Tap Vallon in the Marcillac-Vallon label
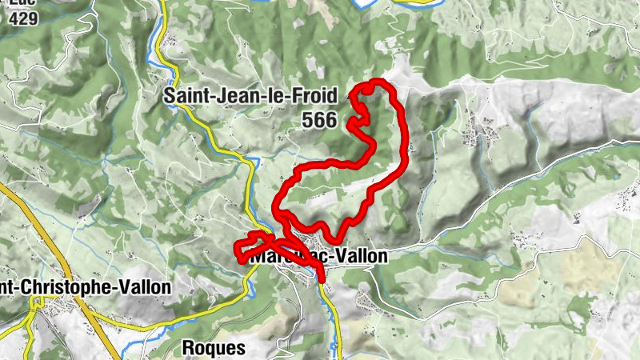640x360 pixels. [x=361, y=257]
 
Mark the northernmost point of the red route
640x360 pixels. [x=373, y=82]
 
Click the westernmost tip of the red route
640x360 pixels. [x=237, y=250]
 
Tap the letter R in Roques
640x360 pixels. [x=189, y=348]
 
